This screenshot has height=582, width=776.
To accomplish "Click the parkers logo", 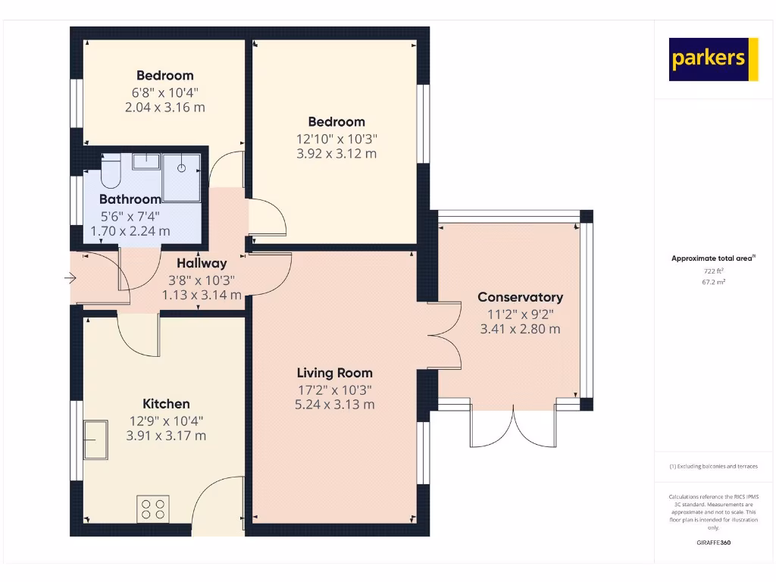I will tap(713, 59).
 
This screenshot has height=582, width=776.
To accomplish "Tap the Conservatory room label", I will tap(520, 297).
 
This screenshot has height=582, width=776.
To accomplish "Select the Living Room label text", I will tap(334, 373).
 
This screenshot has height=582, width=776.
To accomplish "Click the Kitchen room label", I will tap(166, 404).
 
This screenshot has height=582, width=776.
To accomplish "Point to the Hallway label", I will tap(202, 264).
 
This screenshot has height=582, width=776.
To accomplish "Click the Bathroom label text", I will tap(130, 199).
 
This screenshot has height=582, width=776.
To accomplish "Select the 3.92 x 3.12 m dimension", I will tap(336, 154).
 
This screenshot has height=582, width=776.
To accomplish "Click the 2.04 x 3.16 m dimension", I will tap(164, 108).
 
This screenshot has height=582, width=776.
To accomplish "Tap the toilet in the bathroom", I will tap(111, 171).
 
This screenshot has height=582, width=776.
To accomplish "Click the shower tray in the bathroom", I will tap(182, 178).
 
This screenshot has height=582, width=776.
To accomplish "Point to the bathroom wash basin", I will tap(145, 161).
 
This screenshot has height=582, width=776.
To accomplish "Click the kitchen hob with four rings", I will tap(152, 508).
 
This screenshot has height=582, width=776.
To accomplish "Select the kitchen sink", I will tap(96, 440).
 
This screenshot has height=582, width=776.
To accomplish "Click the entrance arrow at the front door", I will tap(70, 279).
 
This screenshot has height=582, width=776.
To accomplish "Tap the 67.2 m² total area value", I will tap(713, 282).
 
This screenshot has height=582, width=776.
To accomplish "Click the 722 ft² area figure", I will tap(713, 271).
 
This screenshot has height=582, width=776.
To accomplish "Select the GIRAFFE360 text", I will tap(713, 543).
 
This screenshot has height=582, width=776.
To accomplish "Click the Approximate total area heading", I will tap(712, 258).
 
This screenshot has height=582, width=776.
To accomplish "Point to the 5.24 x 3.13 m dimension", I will tap(334, 405).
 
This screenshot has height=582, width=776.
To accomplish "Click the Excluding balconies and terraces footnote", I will tap(713, 467).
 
